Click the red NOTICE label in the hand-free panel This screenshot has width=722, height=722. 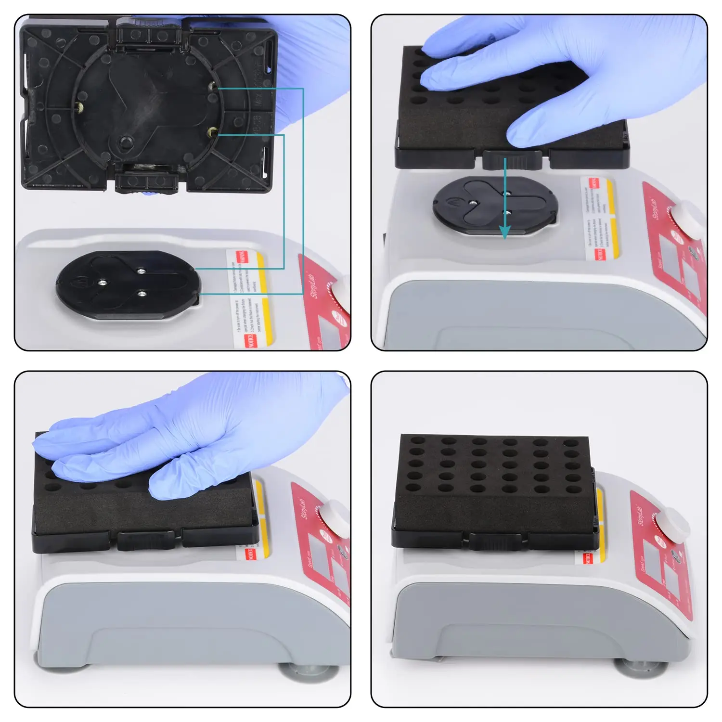click(588, 558)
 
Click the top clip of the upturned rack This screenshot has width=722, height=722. click(149, 34)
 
